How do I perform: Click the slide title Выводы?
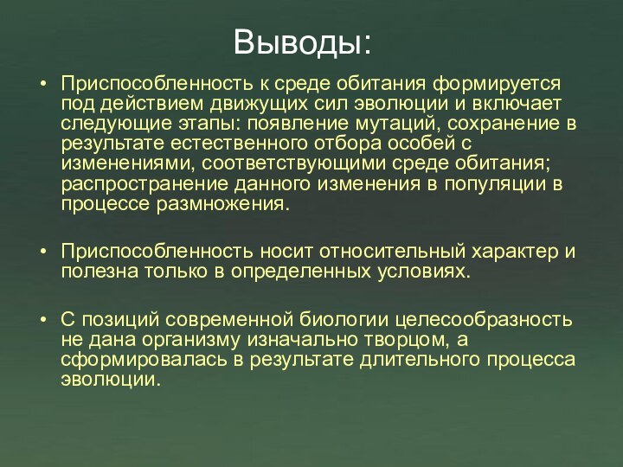pos(303,41)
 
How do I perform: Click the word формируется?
pos(496,85)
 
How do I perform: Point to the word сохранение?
pos(504,124)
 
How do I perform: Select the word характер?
pos(513,252)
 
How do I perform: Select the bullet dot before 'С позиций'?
pos(44,319)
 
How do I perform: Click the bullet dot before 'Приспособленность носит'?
pos(44,252)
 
